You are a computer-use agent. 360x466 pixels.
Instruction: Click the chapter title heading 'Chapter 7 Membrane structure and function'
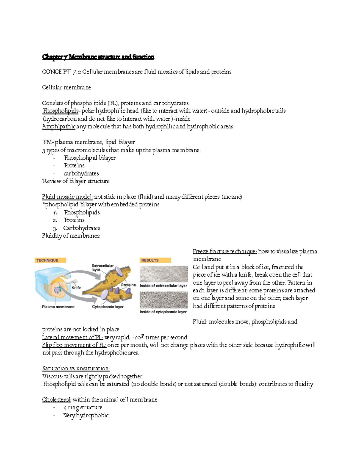click(98, 57)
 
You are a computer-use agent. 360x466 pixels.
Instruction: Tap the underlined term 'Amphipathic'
click(59, 126)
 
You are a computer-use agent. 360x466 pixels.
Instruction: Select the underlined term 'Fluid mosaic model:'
click(67, 197)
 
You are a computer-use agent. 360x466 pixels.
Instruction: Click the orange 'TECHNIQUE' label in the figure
click(47, 260)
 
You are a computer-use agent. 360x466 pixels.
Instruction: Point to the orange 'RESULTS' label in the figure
click(150, 260)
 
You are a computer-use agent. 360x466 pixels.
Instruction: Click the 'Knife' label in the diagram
click(76, 287)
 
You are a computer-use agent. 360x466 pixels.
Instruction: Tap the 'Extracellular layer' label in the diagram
click(102, 268)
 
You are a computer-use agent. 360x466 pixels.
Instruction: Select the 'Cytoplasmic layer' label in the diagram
click(108, 307)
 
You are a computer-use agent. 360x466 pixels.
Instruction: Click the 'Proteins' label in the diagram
click(128, 285)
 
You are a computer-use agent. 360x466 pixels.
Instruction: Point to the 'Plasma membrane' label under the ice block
click(58, 307)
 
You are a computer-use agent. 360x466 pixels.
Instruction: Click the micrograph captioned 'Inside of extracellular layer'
click(163, 274)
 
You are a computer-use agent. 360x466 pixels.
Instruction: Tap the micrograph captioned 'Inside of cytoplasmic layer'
click(163, 300)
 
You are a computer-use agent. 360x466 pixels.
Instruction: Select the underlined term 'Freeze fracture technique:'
click(225, 251)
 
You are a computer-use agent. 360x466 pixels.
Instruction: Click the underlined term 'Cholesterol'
click(56, 400)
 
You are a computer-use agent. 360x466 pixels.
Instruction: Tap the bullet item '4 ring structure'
click(83, 407)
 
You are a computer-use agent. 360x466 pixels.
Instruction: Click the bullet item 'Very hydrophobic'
click(86, 415)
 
